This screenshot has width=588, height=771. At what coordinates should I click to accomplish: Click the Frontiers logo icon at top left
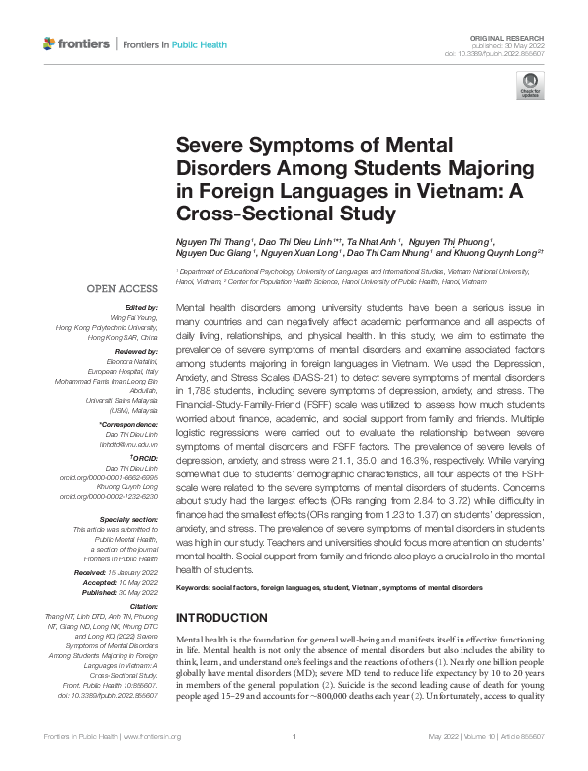pyautogui.click(x=51, y=44)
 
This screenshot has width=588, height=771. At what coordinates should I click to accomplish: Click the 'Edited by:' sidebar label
pyautogui.click(x=141, y=307)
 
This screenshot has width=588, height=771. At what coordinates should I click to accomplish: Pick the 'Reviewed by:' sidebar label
pyautogui.click(x=136, y=351)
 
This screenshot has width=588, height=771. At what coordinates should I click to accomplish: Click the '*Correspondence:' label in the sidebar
pyautogui.click(x=130, y=424)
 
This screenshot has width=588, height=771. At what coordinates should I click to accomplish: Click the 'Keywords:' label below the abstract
pyautogui.click(x=195, y=588)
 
